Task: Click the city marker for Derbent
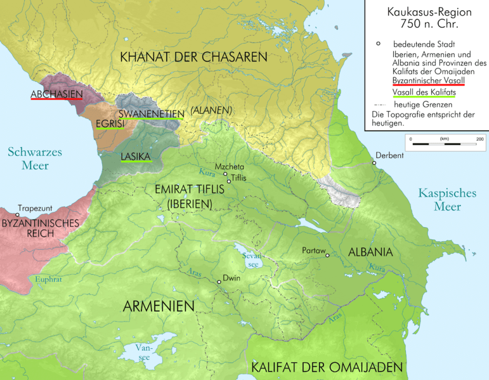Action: [375, 163]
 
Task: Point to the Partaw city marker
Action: [327, 255]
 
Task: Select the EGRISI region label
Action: [110, 125]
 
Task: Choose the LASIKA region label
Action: [135, 156]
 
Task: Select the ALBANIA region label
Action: [370, 252]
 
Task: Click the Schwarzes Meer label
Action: [29, 159]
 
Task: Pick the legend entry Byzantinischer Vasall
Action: [428, 81]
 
